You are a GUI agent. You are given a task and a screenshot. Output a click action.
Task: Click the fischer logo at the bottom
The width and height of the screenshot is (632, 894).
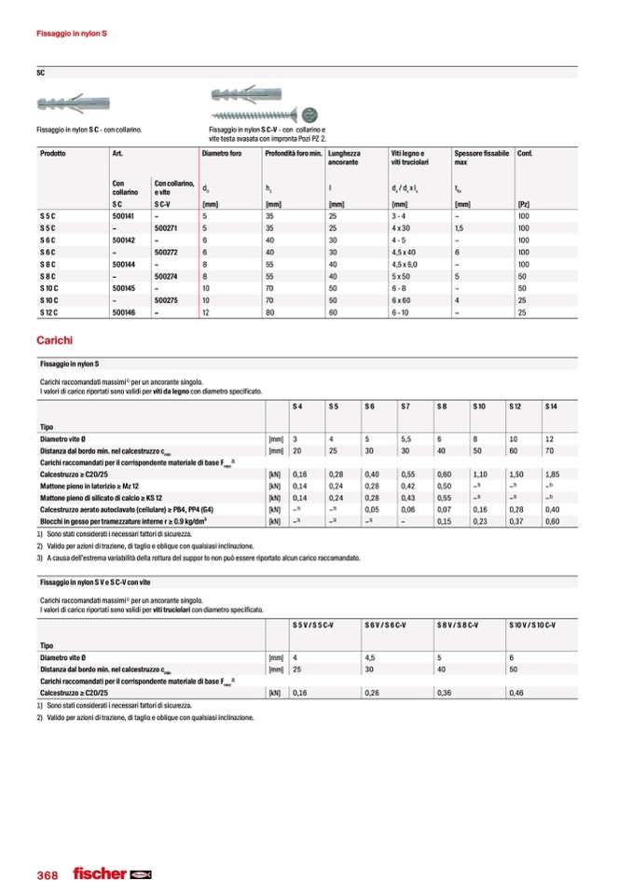point(112,874)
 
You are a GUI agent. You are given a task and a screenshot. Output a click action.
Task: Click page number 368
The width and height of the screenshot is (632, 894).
point(48,875)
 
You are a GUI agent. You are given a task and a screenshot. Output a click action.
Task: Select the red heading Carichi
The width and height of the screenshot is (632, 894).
point(54,341)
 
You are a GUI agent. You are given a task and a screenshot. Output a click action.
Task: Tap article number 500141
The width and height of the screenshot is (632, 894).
point(124,215)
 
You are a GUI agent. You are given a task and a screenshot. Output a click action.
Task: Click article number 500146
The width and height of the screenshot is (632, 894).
point(124,313)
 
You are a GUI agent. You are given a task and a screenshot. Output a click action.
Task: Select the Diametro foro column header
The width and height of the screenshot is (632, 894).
point(222,153)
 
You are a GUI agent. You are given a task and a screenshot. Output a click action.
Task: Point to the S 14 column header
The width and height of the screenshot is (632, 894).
point(552,407)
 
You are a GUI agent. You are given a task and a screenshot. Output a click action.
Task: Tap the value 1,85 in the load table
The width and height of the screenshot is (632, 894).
point(553,474)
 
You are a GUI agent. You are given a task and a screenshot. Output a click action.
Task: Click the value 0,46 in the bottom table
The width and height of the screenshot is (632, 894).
point(517,693)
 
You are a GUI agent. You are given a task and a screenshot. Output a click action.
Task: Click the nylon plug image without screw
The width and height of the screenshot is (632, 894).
point(66,103)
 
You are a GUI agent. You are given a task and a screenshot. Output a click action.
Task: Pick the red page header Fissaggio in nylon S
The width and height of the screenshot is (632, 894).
point(72,34)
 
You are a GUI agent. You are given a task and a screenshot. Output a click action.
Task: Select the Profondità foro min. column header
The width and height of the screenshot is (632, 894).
point(293,153)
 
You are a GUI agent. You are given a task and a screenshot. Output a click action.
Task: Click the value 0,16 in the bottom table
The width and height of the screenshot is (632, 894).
point(300,693)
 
